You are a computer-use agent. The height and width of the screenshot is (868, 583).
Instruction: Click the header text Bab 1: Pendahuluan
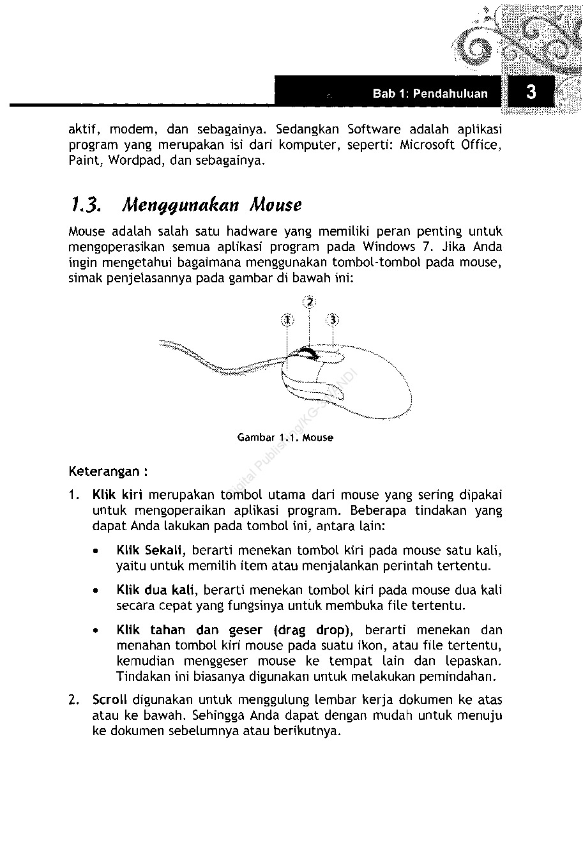pyautogui.click(x=430, y=94)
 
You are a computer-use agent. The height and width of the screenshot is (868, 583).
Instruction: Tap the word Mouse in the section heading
pyautogui.click(x=276, y=205)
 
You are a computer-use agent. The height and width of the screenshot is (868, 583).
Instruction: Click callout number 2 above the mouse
pyautogui.click(x=309, y=301)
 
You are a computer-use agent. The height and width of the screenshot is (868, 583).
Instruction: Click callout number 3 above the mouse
pyautogui.click(x=332, y=319)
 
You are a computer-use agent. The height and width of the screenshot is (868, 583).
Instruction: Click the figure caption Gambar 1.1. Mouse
pyautogui.click(x=285, y=438)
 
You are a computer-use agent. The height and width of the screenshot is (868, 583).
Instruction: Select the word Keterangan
pyautogui.click(x=103, y=472)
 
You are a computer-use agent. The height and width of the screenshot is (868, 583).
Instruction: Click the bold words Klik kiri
pyautogui.click(x=117, y=494)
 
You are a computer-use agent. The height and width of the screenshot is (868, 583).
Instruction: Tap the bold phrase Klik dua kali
pyautogui.click(x=155, y=590)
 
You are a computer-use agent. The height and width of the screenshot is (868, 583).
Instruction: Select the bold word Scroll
pyautogui.click(x=110, y=700)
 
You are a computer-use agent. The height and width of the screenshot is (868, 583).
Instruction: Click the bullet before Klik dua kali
pyautogui.click(x=95, y=590)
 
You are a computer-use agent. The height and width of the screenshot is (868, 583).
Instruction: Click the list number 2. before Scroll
pyautogui.click(x=74, y=700)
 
